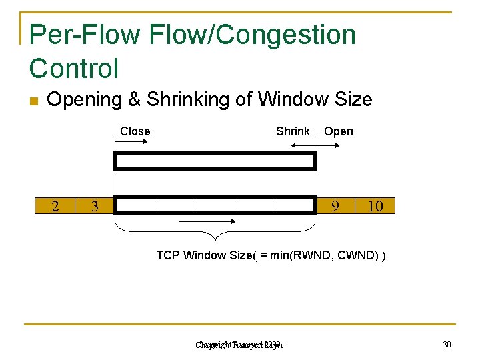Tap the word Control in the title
tap(74, 68)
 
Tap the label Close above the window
tap(135, 131)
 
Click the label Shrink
tap(293, 131)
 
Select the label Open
tap(339, 131)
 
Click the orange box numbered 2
tap(55, 206)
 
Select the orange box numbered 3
tap(95, 206)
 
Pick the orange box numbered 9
tap(335, 206)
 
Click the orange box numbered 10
tap(375, 206)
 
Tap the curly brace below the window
tap(215, 233)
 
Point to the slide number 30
tap(447, 344)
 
